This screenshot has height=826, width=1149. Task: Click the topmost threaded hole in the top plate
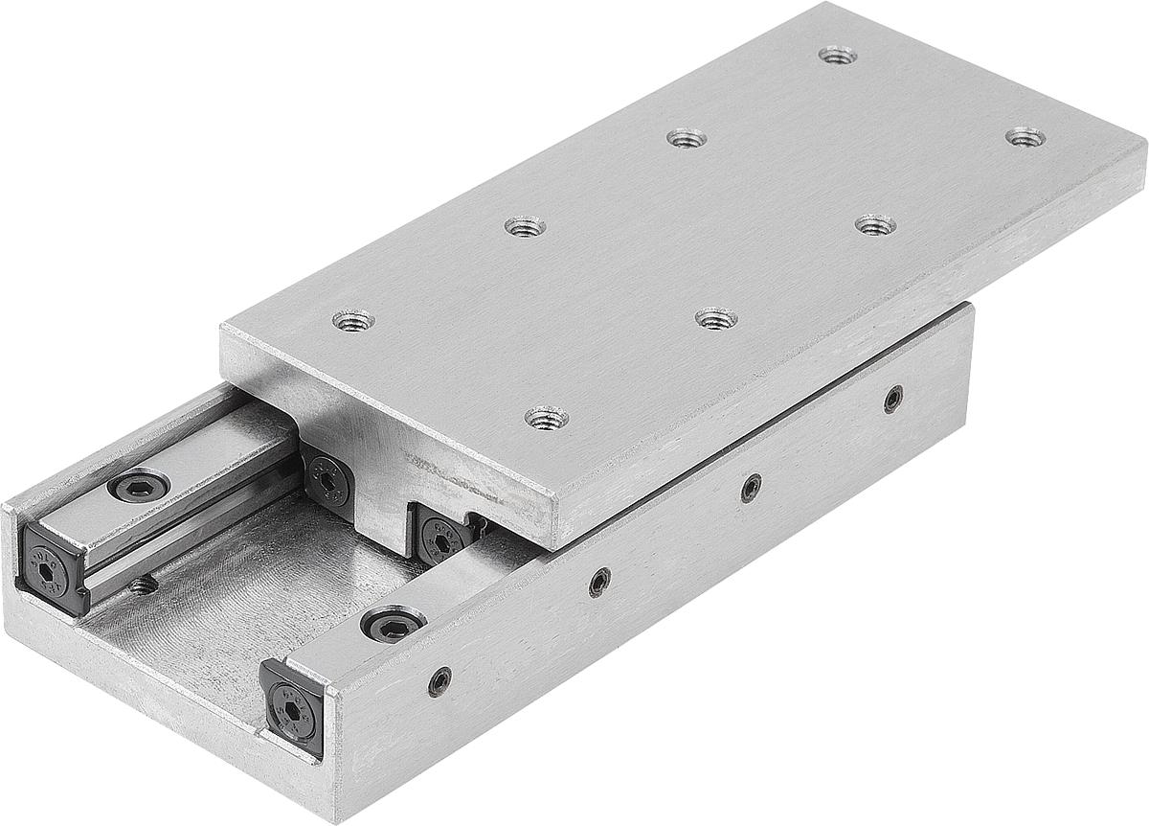pos(838,55)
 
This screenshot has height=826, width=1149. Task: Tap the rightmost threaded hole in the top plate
pos(1025,137)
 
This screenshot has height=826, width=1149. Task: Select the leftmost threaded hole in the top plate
pos(353,319)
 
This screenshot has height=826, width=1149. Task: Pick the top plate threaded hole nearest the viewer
pos(546,417)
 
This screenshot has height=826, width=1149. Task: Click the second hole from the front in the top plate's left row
pos(525,227)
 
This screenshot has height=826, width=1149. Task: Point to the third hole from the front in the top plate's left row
pos(686,138)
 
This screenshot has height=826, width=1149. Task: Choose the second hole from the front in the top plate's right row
pos(716,318)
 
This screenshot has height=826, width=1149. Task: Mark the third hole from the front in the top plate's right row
pos(875,225)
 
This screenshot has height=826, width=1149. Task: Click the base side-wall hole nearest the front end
pos(439,681)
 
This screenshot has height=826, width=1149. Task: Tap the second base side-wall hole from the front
pos(599,581)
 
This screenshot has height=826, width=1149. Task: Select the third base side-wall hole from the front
pos(752,487)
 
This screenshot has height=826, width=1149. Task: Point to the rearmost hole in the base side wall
pos(892,399)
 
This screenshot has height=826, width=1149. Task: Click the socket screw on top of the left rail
pos(139,486)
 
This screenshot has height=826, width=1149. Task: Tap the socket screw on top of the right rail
pos(394,625)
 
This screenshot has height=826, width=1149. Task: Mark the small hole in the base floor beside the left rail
pos(144,583)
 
